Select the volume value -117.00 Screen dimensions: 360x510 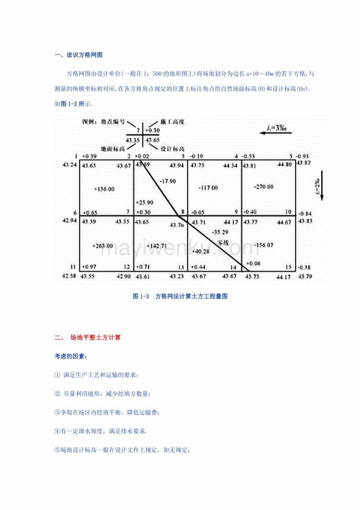coord(209,187)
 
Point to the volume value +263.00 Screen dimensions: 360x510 coord(104,245)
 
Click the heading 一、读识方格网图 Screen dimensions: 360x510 coord(79,55)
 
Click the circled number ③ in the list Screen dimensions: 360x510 coord(58,413)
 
